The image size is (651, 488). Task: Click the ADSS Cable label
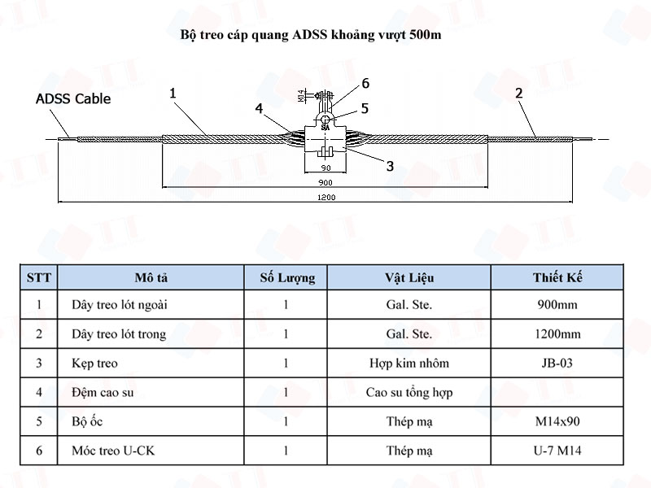point(73,99)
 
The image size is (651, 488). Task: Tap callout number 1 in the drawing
point(173,94)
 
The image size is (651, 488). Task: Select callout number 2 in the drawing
point(518,94)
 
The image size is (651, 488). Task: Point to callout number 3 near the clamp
point(390,165)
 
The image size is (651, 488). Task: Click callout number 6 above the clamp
point(365,83)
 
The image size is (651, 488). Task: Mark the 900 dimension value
point(325,181)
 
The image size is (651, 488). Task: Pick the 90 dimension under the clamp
point(325,168)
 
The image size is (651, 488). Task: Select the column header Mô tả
point(151,277)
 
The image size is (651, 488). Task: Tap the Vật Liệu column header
point(409,277)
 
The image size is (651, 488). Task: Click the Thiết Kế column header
point(558,277)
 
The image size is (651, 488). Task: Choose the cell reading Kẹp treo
point(90,363)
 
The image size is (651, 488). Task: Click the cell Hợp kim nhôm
point(409,363)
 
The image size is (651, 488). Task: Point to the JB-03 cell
point(558,363)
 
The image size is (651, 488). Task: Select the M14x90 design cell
point(558,421)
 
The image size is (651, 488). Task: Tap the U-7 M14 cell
point(558,451)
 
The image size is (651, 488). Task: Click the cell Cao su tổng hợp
point(409,392)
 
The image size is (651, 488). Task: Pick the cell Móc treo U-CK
point(102,451)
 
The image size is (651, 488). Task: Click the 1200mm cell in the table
point(558,333)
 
